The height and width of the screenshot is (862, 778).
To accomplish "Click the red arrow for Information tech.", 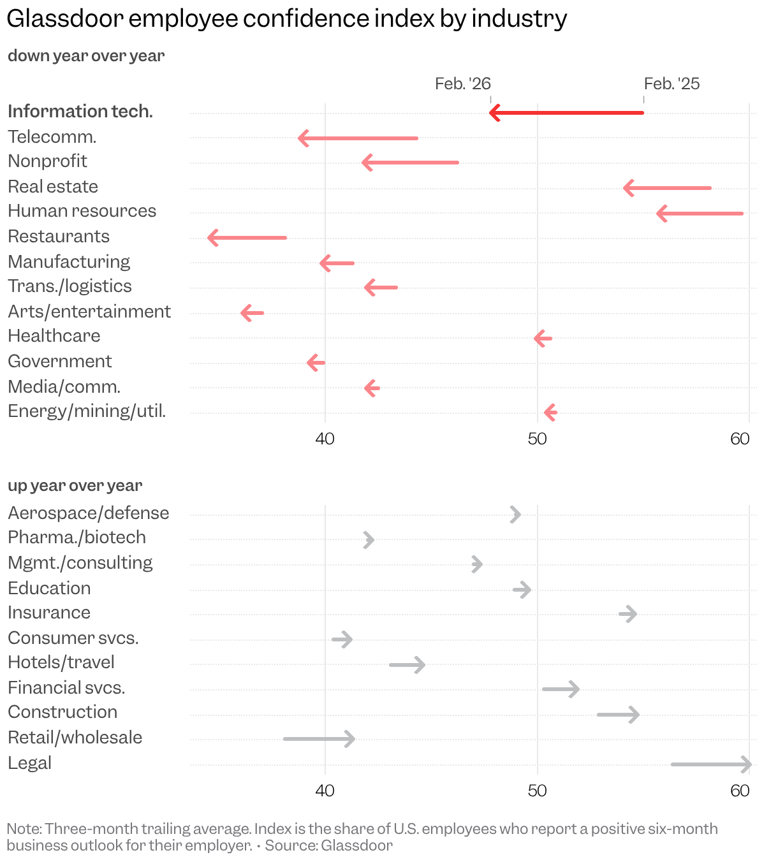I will pyautogui.click(x=566, y=113).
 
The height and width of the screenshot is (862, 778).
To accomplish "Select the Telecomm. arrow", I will pyautogui.click(x=358, y=138).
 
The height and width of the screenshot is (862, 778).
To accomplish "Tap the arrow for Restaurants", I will pyautogui.click(x=247, y=238).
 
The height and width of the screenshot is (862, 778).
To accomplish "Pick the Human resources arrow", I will pyautogui.click(x=700, y=213).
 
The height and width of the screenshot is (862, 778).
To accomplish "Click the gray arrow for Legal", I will pyautogui.click(x=710, y=764).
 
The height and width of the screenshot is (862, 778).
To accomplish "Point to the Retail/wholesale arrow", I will pyautogui.click(x=318, y=739).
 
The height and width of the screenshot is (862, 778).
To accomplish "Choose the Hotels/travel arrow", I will pyautogui.click(x=407, y=664).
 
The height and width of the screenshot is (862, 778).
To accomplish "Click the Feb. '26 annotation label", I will pyautogui.click(x=463, y=84).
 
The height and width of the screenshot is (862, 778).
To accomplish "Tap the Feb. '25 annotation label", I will pyautogui.click(x=672, y=84).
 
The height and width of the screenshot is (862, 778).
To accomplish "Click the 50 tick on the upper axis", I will pyautogui.click(x=537, y=439).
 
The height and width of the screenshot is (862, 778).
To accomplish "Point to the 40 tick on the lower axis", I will pyautogui.click(x=325, y=791).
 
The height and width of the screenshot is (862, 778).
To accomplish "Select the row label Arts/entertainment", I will pyautogui.click(x=89, y=311).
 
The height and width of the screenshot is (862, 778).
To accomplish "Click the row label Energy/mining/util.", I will pyautogui.click(x=87, y=411).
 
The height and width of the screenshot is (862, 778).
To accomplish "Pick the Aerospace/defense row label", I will pyautogui.click(x=88, y=513).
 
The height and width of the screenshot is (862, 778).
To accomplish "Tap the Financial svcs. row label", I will pyautogui.click(x=66, y=687).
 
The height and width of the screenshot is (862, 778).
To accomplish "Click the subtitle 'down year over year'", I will pyautogui.click(x=86, y=56).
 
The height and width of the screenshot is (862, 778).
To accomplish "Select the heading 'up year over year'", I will pyautogui.click(x=75, y=485).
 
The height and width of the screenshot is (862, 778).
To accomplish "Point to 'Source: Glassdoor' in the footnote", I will pyautogui.click(x=329, y=845).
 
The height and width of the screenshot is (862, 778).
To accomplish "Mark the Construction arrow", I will pyautogui.click(x=617, y=714).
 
